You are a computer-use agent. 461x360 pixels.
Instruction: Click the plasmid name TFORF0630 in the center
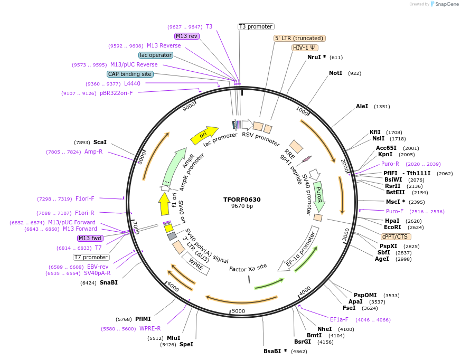click(242, 200)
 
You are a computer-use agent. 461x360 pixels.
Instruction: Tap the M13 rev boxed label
click(186, 36)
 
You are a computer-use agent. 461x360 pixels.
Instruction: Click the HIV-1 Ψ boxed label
click(305, 48)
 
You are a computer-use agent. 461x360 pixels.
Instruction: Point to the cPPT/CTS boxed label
click(394, 236)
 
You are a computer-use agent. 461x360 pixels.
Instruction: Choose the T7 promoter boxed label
click(91, 257)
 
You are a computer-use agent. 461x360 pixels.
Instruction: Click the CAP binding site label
click(130, 74)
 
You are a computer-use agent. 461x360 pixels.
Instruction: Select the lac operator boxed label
click(156, 55)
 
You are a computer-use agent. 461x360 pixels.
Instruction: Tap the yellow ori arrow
click(204, 135)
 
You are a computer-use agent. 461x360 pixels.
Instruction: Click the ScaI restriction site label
click(100, 142)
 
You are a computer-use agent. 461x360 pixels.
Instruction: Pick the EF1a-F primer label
click(339, 319)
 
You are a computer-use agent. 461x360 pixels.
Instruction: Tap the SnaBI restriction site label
click(108, 282)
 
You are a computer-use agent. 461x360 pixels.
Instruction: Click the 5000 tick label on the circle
click(239, 311)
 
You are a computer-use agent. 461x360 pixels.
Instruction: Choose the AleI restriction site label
click(362, 106)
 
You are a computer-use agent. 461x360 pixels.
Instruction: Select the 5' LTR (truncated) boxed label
click(299, 38)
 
